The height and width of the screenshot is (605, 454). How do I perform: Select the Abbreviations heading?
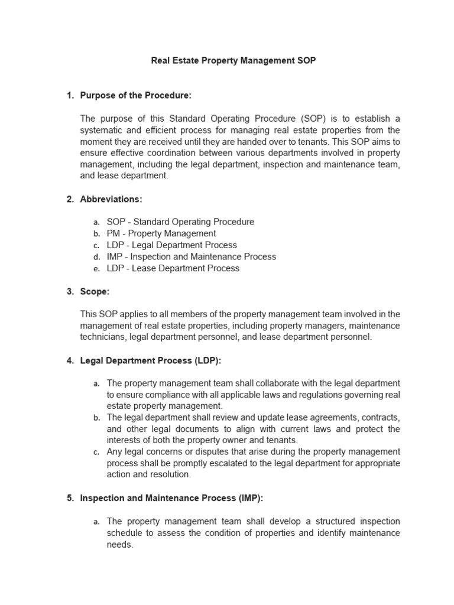tap(111, 199)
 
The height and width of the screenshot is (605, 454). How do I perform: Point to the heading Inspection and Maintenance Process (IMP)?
tap(171, 498)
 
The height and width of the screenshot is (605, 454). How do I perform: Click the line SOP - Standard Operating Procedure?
tap(180, 222)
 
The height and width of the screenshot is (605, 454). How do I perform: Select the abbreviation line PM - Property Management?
tap(161, 233)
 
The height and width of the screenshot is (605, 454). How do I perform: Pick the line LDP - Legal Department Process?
tap(171, 245)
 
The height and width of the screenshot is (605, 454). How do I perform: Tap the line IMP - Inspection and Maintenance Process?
tap(191, 256)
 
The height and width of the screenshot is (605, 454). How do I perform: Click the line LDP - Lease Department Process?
tap(173, 268)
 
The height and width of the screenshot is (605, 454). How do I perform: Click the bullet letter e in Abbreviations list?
tap(96, 269)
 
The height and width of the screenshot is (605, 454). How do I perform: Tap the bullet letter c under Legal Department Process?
tap(96, 453)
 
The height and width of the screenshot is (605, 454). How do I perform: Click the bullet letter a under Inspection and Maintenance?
tap(96, 522)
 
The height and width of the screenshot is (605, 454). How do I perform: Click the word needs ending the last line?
tap(120, 544)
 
